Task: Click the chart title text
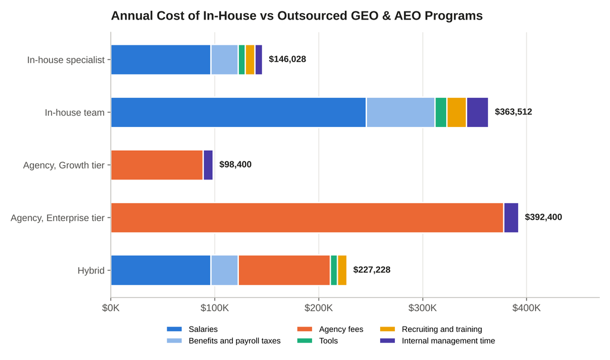coord(297,15)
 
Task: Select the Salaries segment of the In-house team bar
coord(238,113)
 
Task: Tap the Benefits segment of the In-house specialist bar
coord(225,60)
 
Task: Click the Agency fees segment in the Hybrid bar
coord(284,270)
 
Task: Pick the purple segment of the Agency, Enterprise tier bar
coord(511,218)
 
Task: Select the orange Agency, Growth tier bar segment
coord(157,165)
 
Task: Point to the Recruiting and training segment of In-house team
coord(457,113)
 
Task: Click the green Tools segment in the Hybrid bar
coord(334,270)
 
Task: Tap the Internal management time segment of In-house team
coord(477,113)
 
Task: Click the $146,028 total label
coord(288,59)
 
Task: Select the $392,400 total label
coord(543,217)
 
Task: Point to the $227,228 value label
coord(372,270)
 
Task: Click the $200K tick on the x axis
coord(319,308)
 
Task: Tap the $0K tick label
coord(111,308)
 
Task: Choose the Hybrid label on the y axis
coord(91,271)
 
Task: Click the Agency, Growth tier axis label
coord(64,166)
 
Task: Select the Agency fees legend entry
coord(330,329)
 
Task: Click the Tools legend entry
coord(318,341)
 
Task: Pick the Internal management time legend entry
coord(438,341)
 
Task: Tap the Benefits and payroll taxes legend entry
coord(224,341)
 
